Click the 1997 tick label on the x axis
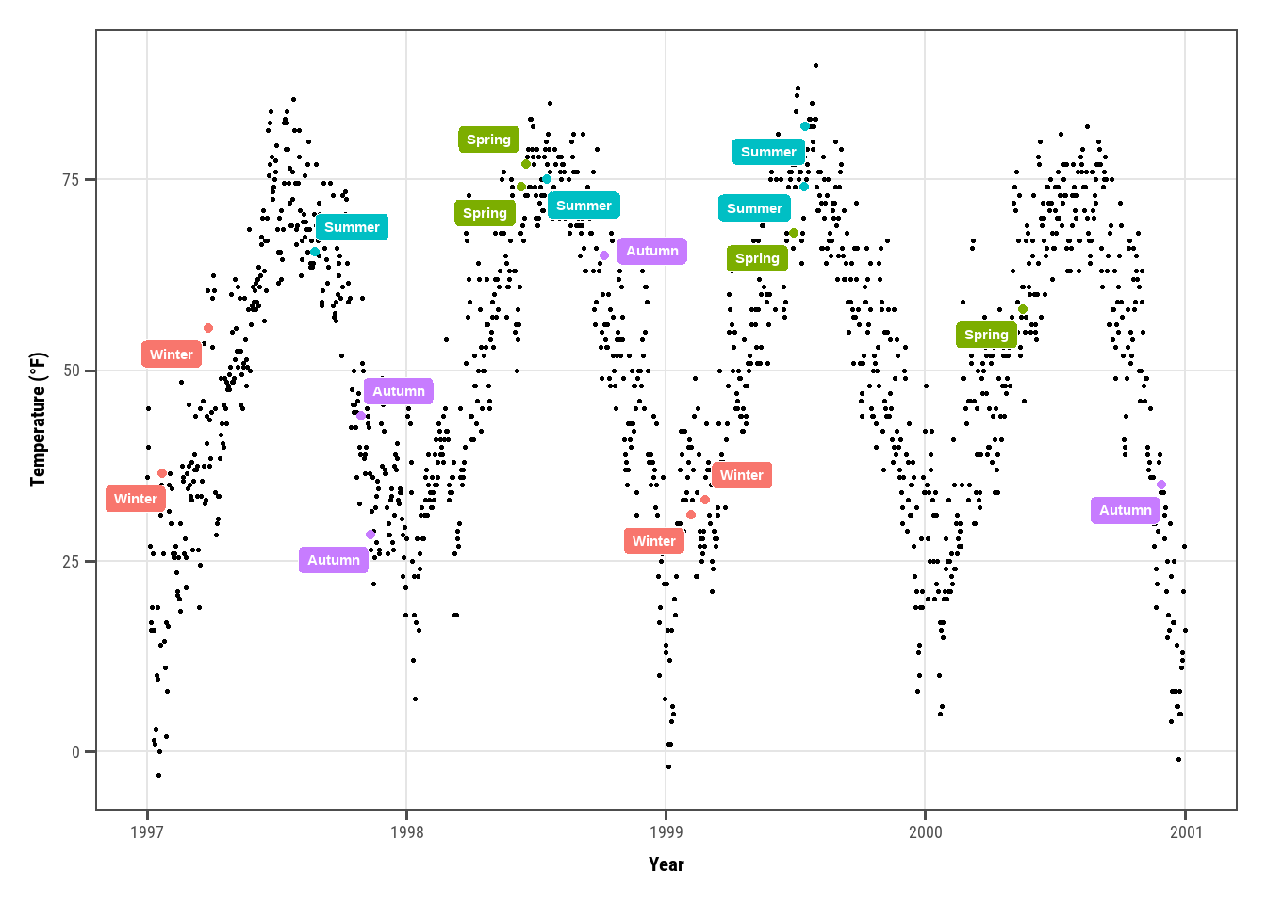point(147,831)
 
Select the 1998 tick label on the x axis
point(406,831)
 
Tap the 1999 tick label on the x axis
point(666,831)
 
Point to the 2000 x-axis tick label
point(925,831)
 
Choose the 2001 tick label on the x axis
point(1186,831)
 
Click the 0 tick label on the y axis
point(76,752)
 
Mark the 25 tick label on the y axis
point(72,562)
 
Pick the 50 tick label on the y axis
point(72,370)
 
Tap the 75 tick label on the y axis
point(72,180)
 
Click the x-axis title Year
point(666,864)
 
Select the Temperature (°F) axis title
point(38,420)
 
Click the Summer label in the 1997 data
point(352,227)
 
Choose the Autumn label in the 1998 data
point(651,251)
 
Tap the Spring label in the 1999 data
point(757,258)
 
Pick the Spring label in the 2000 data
point(986,335)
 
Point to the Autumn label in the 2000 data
point(1125,510)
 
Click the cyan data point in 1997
point(315,252)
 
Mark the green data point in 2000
point(1023,309)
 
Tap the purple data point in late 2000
point(1161,485)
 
